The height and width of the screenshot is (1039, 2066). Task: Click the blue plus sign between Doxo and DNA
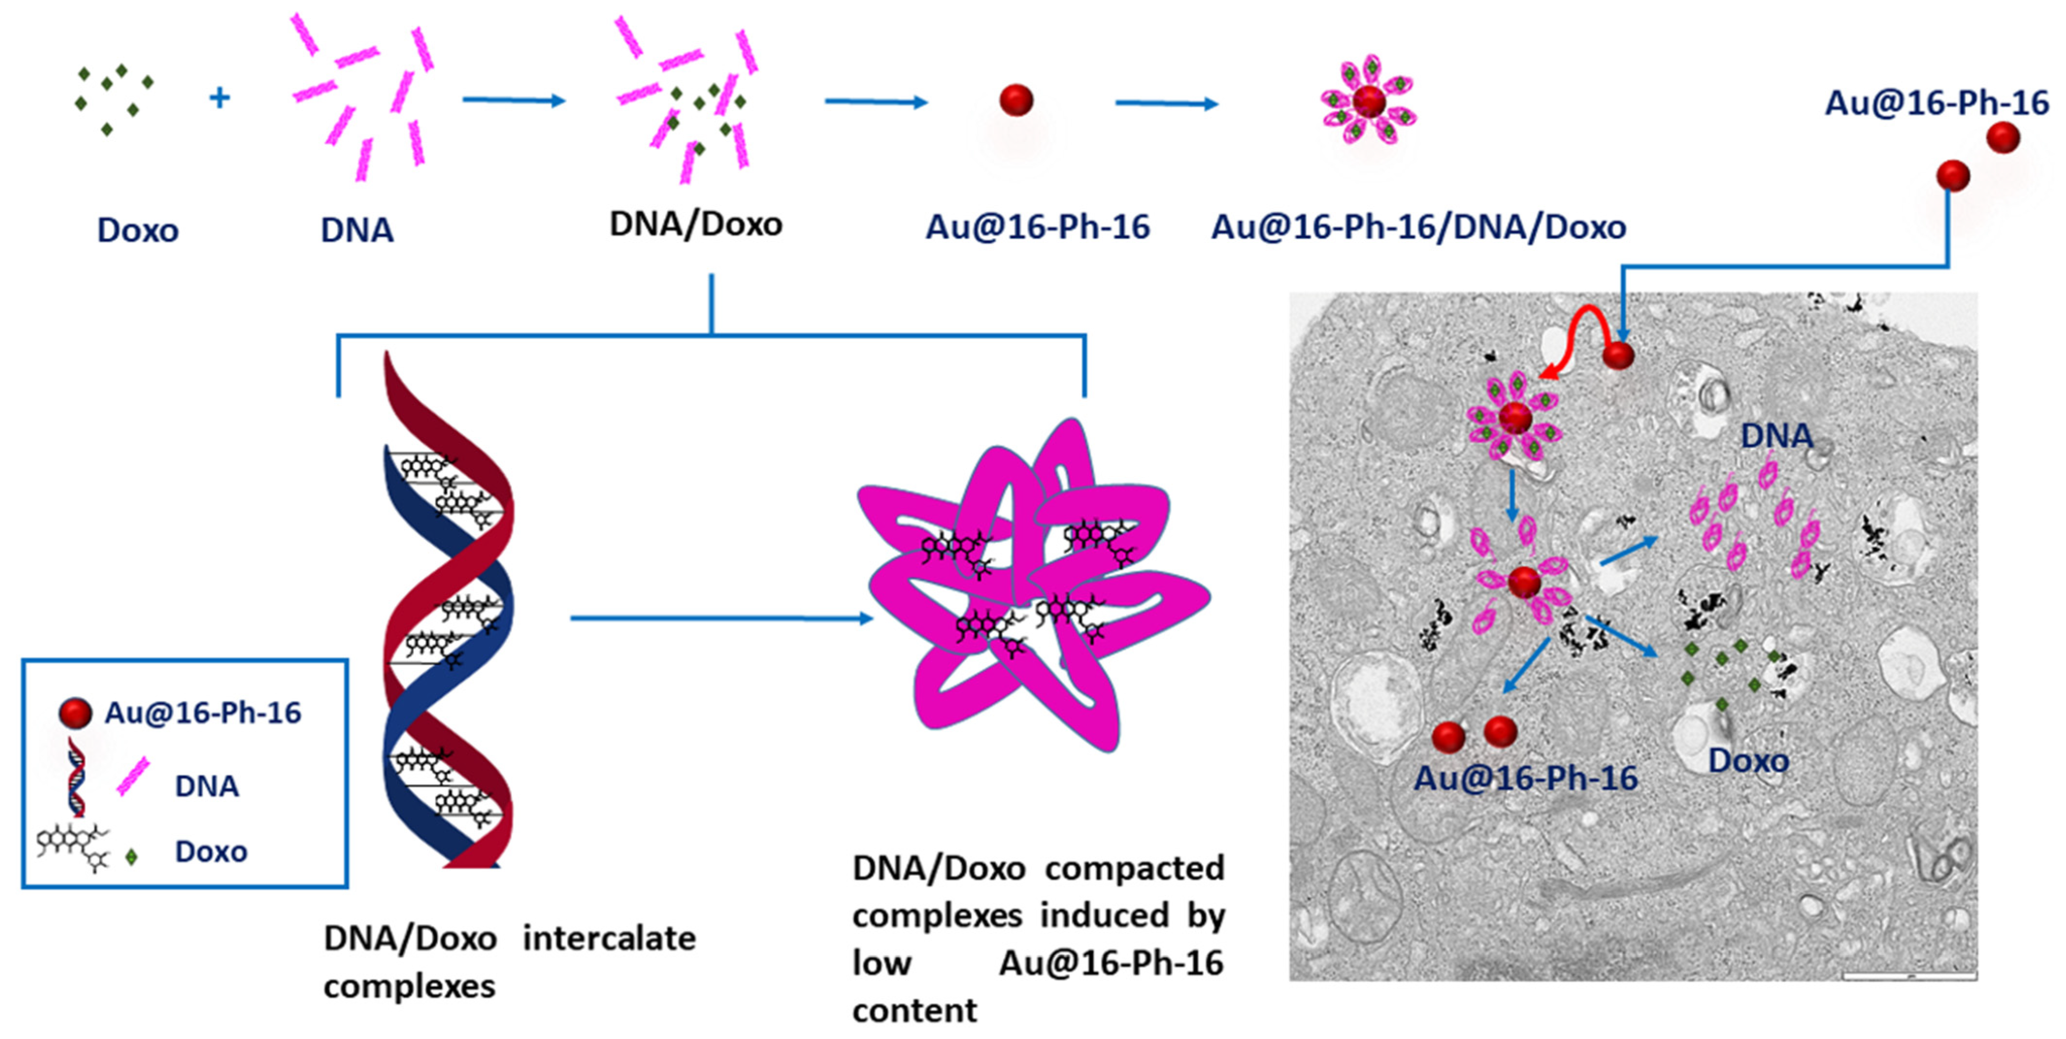(x=219, y=98)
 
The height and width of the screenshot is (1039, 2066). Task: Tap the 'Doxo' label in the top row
(x=138, y=230)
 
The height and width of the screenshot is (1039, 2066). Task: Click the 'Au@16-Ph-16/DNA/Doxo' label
(x=1418, y=227)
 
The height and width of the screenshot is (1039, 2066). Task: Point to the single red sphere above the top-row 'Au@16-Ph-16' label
(x=1016, y=100)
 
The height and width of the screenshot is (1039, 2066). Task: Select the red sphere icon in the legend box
(x=75, y=712)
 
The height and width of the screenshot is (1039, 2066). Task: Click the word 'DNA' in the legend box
(x=207, y=786)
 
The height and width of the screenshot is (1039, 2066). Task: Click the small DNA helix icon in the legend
(x=76, y=776)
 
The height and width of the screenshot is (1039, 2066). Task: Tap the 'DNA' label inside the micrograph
(x=1776, y=436)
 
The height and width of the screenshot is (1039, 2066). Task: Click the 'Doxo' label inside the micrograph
(x=1749, y=760)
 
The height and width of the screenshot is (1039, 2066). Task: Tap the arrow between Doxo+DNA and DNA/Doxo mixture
(x=514, y=100)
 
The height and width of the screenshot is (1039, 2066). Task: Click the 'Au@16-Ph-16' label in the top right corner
(x=1936, y=103)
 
